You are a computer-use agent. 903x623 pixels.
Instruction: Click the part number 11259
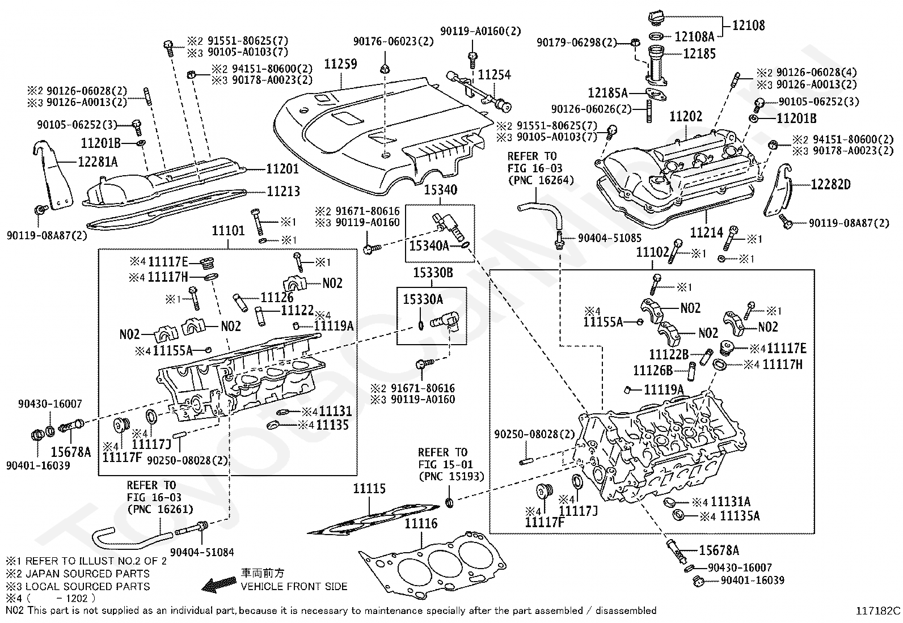tap(341, 64)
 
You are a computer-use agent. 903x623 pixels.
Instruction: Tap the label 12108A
tap(694, 37)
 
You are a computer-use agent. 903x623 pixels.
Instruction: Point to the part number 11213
tap(284, 191)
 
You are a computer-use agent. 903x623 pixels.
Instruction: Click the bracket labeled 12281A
tap(54, 177)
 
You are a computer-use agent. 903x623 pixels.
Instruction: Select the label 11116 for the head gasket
tap(421, 523)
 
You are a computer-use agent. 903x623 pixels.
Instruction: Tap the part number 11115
tap(369, 489)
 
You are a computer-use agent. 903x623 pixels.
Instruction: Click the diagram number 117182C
tap(878, 611)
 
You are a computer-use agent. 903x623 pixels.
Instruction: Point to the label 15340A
tap(429, 245)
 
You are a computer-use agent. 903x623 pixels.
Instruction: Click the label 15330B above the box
tap(433, 273)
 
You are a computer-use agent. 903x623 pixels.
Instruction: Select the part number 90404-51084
tap(202, 552)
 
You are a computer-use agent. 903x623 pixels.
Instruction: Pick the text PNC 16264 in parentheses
tap(541, 180)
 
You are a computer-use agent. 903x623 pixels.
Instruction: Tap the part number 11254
tap(494, 75)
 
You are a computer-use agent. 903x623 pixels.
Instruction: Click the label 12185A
tap(608, 93)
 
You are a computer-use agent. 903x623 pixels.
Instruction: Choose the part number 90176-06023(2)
tap(394, 41)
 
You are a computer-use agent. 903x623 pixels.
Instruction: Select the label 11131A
tap(731, 502)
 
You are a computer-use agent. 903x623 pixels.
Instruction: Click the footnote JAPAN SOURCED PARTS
tap(87, 574)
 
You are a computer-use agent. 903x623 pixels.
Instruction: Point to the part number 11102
tap(653, 252)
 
